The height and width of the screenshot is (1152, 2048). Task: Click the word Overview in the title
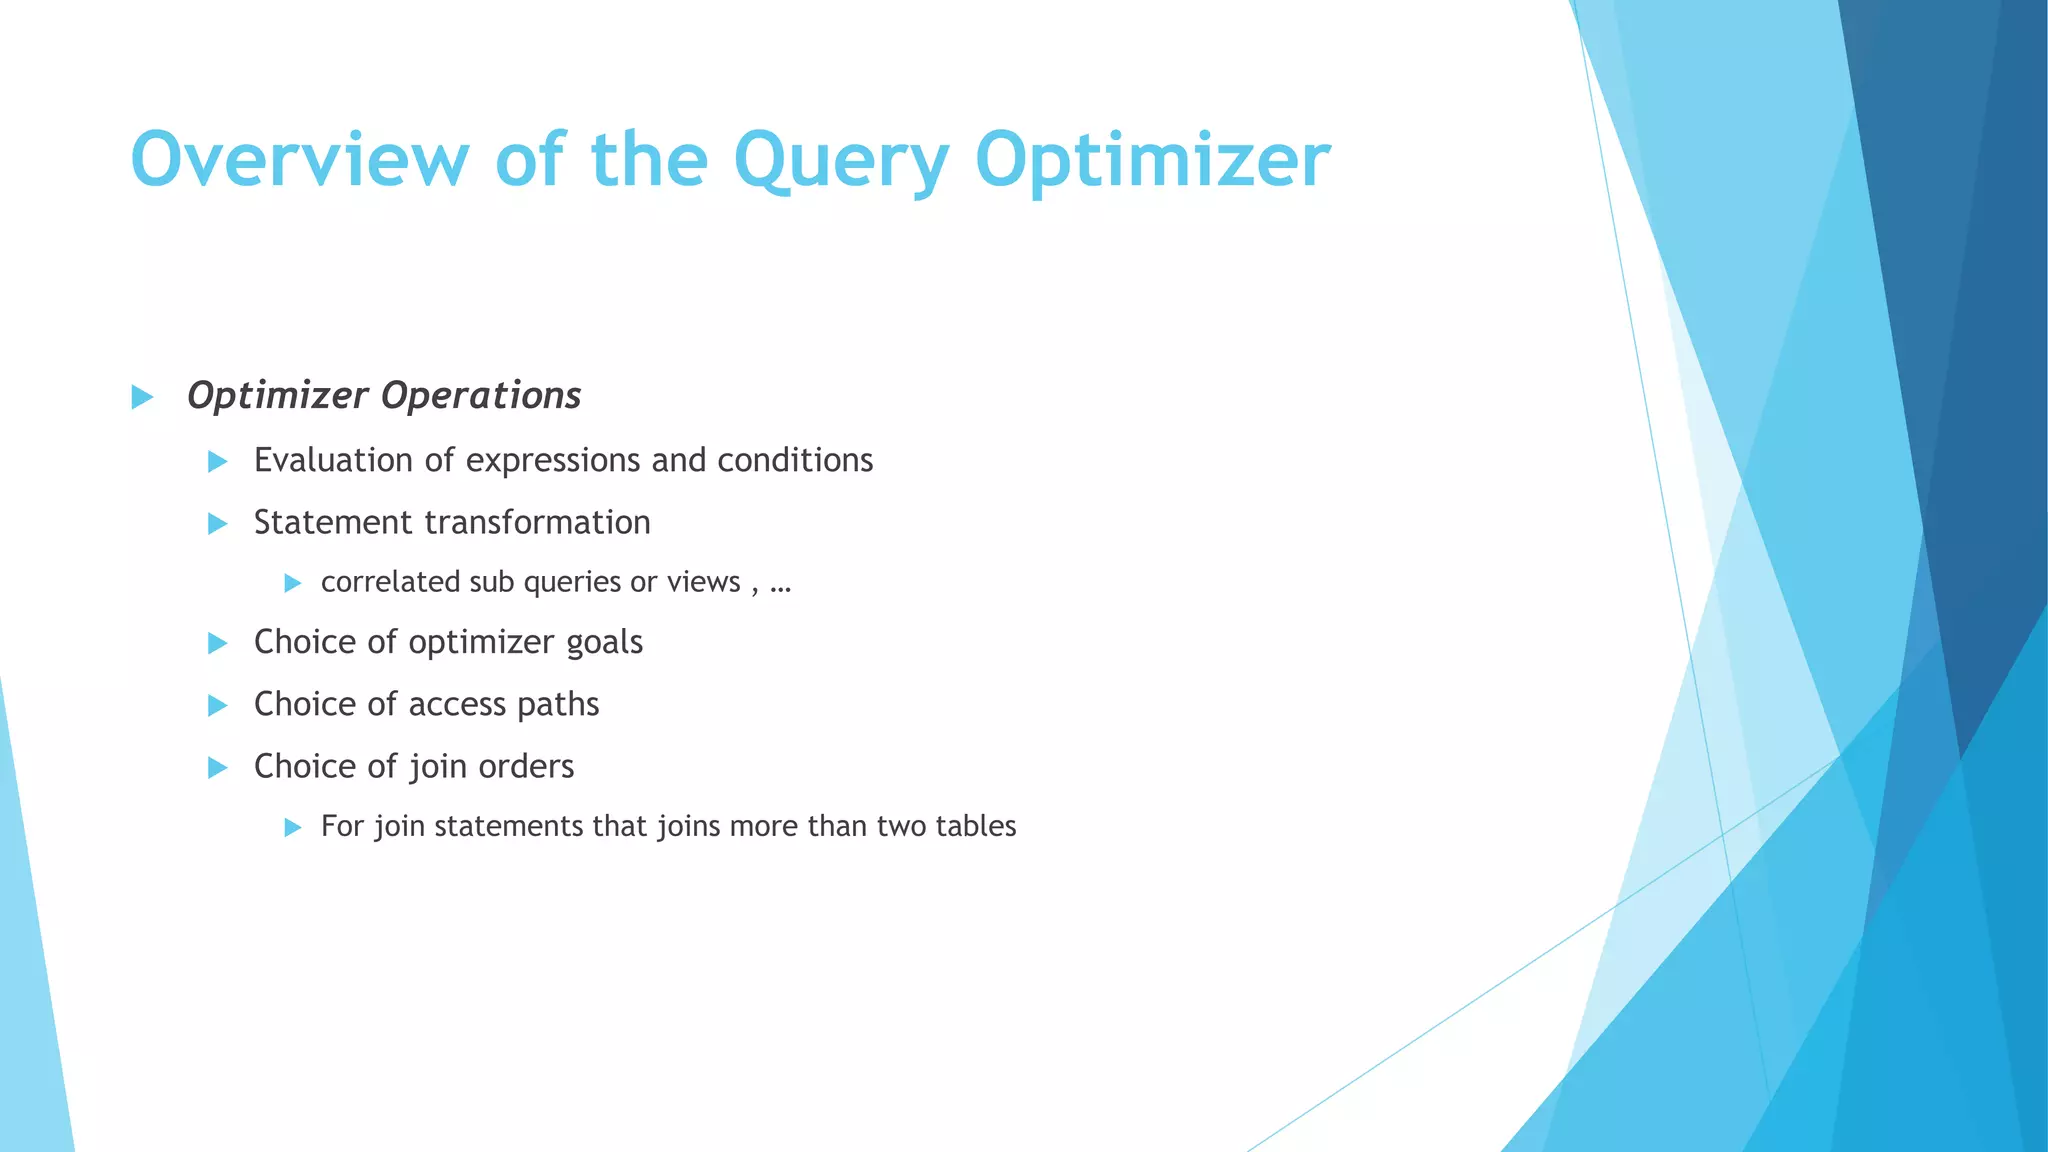[299, 160]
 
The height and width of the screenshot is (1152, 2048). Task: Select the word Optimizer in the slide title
[1152, 160]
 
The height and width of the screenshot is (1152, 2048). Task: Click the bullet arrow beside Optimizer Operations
[142, 397]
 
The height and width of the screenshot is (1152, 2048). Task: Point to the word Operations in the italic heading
[481, 396]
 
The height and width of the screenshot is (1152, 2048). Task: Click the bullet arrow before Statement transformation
[217, 523]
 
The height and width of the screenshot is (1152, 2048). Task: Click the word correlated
[390, 582]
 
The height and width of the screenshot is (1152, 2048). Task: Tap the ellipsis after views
[781, 584]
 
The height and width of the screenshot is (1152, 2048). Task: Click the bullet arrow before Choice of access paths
[217, 705]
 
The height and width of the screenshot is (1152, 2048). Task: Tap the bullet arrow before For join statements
[292, 827]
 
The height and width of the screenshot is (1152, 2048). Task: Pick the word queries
[572, 583]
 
